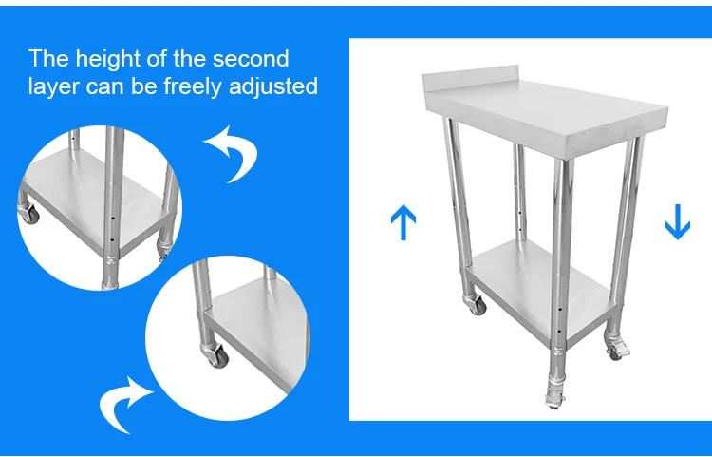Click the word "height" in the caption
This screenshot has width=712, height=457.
[x=106, y=60]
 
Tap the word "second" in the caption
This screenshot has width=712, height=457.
[x=251, y=59]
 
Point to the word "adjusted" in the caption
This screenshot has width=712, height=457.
[x=272, y=86]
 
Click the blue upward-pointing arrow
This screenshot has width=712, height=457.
[x=403, y=222]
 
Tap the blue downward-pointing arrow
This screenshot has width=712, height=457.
[x=678, y=222]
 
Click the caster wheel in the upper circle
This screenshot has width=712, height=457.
[x=29, y=214]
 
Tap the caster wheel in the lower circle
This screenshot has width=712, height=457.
[x=215, y=355]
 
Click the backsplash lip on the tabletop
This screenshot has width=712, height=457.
[x=470, y=78]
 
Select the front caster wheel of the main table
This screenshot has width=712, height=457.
[x=555, y=399]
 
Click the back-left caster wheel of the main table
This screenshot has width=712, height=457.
[x=476, y=305]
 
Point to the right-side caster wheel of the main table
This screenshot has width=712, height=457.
[x=618, y=349]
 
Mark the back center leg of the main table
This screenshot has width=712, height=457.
[x=520, y=192]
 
